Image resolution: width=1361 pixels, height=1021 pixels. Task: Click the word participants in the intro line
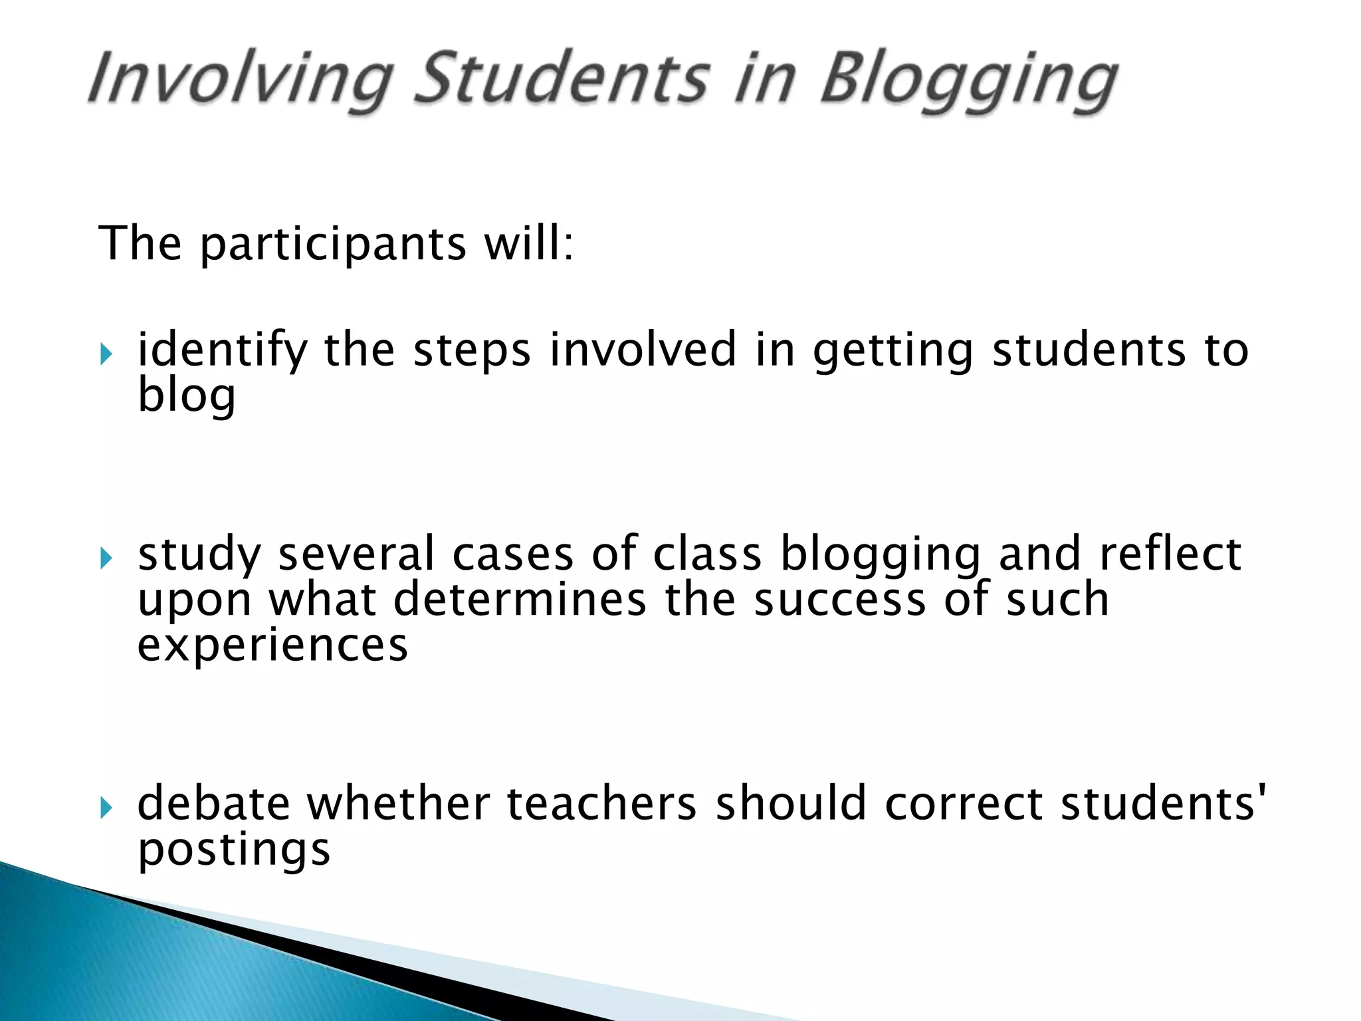coord(333,244)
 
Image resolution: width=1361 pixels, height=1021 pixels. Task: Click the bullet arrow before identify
coord(106,354)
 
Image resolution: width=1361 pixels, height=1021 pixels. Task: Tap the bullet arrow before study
coord(106,558)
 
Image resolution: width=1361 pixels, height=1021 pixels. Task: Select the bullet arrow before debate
coord(106,808)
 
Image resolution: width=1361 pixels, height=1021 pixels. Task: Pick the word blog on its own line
coord(186,396)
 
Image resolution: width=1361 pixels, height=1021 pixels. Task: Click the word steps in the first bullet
coord(472,351)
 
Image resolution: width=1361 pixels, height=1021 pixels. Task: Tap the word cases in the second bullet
coord(512,554)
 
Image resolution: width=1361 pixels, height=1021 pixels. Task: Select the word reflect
coord(1170,553)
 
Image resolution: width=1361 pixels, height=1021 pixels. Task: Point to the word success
coord(840,600)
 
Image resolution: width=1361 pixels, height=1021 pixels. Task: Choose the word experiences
coord(272,646)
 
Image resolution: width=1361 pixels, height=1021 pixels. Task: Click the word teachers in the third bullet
coord(601,804)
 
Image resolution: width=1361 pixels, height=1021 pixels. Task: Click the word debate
coord(213,804)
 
